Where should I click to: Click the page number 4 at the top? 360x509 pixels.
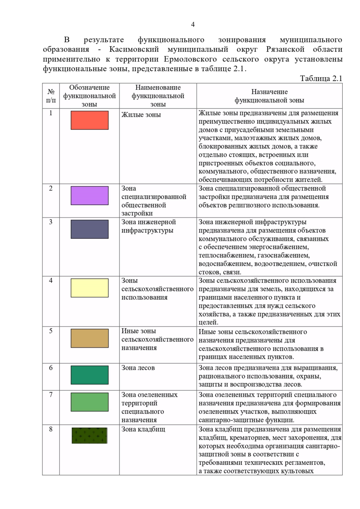coord(193,25)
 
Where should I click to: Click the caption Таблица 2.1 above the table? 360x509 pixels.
coord(321,79)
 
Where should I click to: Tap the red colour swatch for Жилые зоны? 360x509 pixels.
coord(89,120)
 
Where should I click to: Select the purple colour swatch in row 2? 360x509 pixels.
coord(89,195)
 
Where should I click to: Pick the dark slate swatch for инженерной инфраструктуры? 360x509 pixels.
coord(89,229)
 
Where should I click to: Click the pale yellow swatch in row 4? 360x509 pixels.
coord(89,288)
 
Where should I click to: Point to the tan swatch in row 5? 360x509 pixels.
coord(89,338)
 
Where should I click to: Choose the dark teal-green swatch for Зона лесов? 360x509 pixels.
coord(89,375)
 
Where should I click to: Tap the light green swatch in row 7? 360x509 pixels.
coord(89,402)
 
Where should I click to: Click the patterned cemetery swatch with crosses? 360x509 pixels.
coord(89,436)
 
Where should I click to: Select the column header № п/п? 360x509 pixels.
coord(51,96)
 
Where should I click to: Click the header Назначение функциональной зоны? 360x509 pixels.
coord(269,96)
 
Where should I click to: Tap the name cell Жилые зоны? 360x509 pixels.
coord(141,115)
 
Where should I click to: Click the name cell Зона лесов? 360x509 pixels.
coord(138,368)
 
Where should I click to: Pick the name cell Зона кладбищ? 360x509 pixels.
coord(143,429)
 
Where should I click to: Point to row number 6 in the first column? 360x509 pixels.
coord(51,368)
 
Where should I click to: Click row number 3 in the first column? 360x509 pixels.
coord(51,222)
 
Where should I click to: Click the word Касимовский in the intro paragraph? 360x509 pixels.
coord(134,49)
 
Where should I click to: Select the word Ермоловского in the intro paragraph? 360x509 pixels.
coord(190,59)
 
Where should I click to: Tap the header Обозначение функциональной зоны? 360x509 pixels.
coord(89,96)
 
